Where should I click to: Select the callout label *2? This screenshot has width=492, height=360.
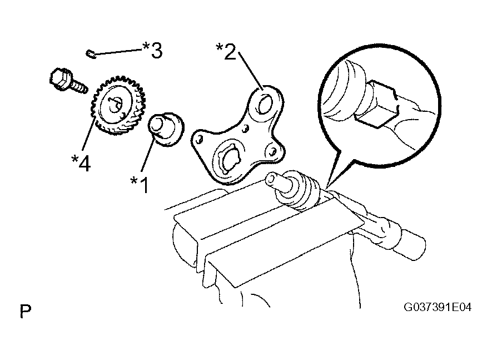click(x=226, y=52)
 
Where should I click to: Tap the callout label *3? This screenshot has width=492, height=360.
click(x=153, y=50)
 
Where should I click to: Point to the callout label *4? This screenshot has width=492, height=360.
click(x=81, y=162)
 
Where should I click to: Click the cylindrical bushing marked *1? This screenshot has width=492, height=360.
click(x=166, y=129)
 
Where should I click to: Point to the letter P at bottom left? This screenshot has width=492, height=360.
click(x=26, y=310)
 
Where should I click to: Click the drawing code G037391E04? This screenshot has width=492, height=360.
click(x=438, y=307)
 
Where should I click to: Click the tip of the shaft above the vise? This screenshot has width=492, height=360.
click(x=270, y=179)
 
